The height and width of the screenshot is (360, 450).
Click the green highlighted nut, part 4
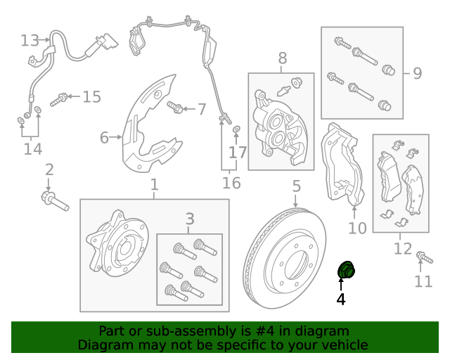coord(347,269)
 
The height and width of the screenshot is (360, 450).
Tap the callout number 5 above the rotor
coord(296,186)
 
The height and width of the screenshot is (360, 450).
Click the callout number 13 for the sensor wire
coord(30,40)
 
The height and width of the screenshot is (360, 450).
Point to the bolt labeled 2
coord(54,200)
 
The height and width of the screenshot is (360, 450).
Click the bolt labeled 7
coord(176,108)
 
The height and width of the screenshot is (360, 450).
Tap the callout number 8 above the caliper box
coord(283,58)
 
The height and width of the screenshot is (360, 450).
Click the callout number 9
coord(417,72)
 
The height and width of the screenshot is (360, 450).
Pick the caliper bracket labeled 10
coord(342,169)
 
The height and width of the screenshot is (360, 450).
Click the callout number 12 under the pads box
coord(402,248)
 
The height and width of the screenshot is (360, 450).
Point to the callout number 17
coord(238,152)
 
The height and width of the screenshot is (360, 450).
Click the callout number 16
coord(231,184)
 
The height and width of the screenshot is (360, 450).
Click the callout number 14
coord(32,149)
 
